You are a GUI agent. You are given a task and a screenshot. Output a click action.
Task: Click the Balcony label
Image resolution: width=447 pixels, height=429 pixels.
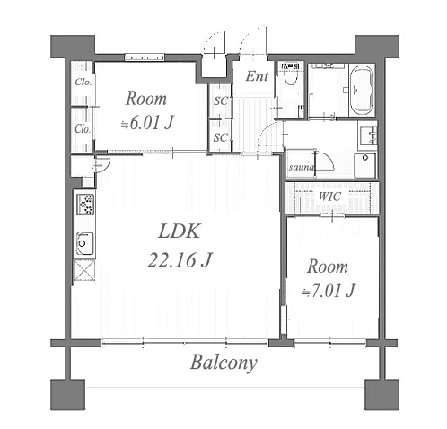(x=223, y=363)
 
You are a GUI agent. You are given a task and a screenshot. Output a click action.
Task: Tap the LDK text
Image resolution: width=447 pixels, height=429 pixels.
(x=179, y=231)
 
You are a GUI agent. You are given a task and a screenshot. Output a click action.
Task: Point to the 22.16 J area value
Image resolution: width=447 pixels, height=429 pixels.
(x=180, y=259)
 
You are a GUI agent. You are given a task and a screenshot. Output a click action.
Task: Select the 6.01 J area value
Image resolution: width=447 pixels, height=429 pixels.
(x=147, y=122)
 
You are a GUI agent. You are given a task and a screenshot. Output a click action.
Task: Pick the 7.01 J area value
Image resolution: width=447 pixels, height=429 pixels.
(x=329, y=290)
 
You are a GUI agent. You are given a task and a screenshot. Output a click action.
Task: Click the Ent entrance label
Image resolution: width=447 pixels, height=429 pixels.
(x=257, y=76)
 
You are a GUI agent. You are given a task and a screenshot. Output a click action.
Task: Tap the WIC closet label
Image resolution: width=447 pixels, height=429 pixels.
(x=329, y=197)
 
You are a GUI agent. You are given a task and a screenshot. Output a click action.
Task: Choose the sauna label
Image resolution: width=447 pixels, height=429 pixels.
(x=302, y=167)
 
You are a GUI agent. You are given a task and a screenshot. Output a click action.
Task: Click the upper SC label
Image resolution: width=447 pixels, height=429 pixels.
(x=221, y=101)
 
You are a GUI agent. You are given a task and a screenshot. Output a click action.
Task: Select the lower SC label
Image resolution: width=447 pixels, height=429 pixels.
(x=221, y=137)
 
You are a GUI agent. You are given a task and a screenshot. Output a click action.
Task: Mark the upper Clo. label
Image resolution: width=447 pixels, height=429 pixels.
(x=83, y=82)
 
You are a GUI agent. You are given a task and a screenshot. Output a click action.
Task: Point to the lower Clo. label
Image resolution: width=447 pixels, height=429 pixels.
(x=83, y=129)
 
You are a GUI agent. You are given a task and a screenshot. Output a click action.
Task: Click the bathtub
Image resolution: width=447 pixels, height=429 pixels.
(x=362, y=90)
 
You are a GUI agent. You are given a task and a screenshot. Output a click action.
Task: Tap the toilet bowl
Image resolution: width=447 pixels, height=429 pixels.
(x=289, y=78)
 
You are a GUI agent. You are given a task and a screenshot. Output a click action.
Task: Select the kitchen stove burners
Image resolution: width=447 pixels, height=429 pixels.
(x=86, y=204)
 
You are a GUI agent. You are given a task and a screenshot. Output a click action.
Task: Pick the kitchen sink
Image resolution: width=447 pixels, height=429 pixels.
(x=84, y=243)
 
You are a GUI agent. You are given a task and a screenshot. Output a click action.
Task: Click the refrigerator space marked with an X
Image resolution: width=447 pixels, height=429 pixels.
(x=84, y=270)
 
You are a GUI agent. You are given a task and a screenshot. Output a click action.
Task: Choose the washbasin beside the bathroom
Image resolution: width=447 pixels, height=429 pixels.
(x=368, y=136)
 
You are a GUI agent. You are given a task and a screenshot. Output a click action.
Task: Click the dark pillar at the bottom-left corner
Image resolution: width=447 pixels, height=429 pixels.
(x=68, y=395)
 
